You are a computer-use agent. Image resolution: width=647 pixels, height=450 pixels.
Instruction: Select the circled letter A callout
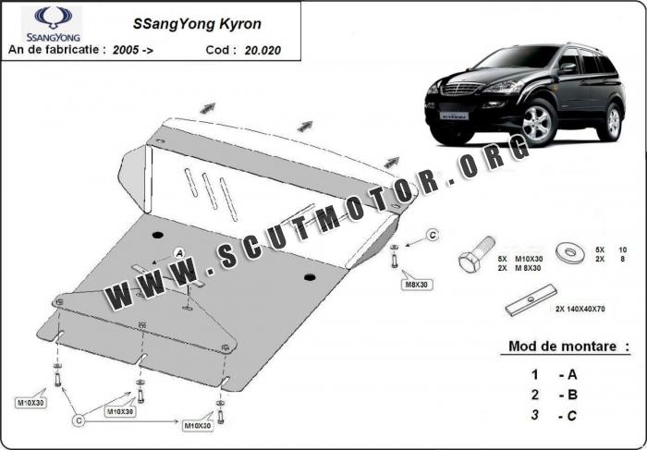[179, 252]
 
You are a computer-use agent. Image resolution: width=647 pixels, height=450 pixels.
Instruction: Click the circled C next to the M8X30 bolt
[431, 237]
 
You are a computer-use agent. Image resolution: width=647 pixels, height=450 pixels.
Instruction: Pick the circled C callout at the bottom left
[79, 420]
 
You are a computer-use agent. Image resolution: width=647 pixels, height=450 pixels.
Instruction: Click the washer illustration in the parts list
[566, 252]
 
